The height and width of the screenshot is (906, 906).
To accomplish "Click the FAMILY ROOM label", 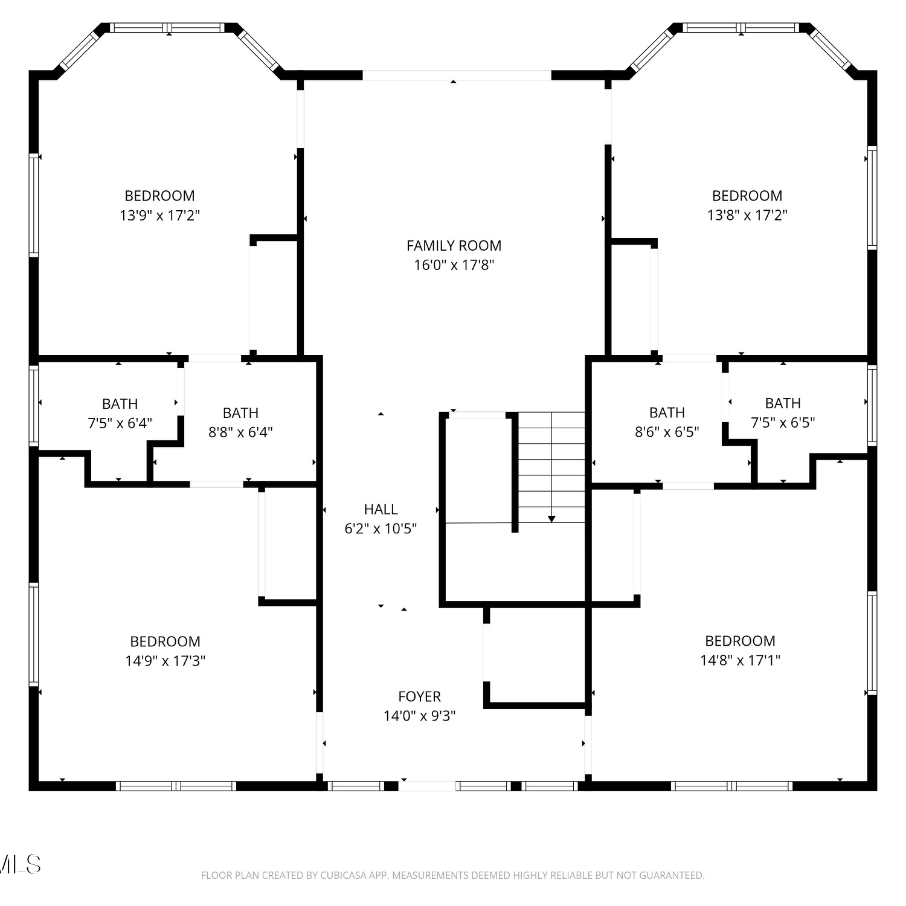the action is click(x=454, y=246).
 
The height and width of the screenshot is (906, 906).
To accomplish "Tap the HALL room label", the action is click(x=381, y=509).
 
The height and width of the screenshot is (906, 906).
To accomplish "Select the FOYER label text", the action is click(x=419, y=696).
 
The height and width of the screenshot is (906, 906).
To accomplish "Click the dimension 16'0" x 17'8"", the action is click(x=454, y=265).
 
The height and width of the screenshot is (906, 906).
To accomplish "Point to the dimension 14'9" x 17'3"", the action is click(x=165, y=660).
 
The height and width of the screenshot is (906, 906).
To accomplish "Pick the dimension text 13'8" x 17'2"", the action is click(x=747, y=215).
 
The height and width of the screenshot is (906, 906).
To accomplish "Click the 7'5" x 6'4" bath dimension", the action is click(x=120, y=423).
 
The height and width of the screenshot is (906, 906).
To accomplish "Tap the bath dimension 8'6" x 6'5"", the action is click(x=667, y=432).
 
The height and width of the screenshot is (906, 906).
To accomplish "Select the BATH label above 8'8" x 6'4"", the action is click(x=240, y=413).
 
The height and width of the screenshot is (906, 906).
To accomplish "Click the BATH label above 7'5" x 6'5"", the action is click(x=783, y=403).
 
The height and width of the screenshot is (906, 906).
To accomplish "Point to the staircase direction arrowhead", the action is click(x=551, y=519).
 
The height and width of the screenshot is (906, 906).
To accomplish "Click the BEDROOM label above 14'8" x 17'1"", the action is click(x=740, y=641).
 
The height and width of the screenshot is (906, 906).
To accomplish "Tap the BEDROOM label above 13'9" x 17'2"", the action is click(x=159, y=196).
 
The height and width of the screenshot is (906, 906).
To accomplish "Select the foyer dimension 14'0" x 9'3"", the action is click(x=419, y=716).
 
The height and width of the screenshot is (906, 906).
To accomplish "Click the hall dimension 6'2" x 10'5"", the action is click(x=381, y=528).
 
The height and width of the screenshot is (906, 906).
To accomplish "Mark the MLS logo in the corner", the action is click(x=20, y=864).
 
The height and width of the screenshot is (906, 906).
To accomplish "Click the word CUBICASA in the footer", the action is click(x=343, y=875).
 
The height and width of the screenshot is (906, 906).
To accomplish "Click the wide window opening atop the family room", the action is click(x=457, y=75).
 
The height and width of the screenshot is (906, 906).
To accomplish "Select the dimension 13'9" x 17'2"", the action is click(x=159, y=215).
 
